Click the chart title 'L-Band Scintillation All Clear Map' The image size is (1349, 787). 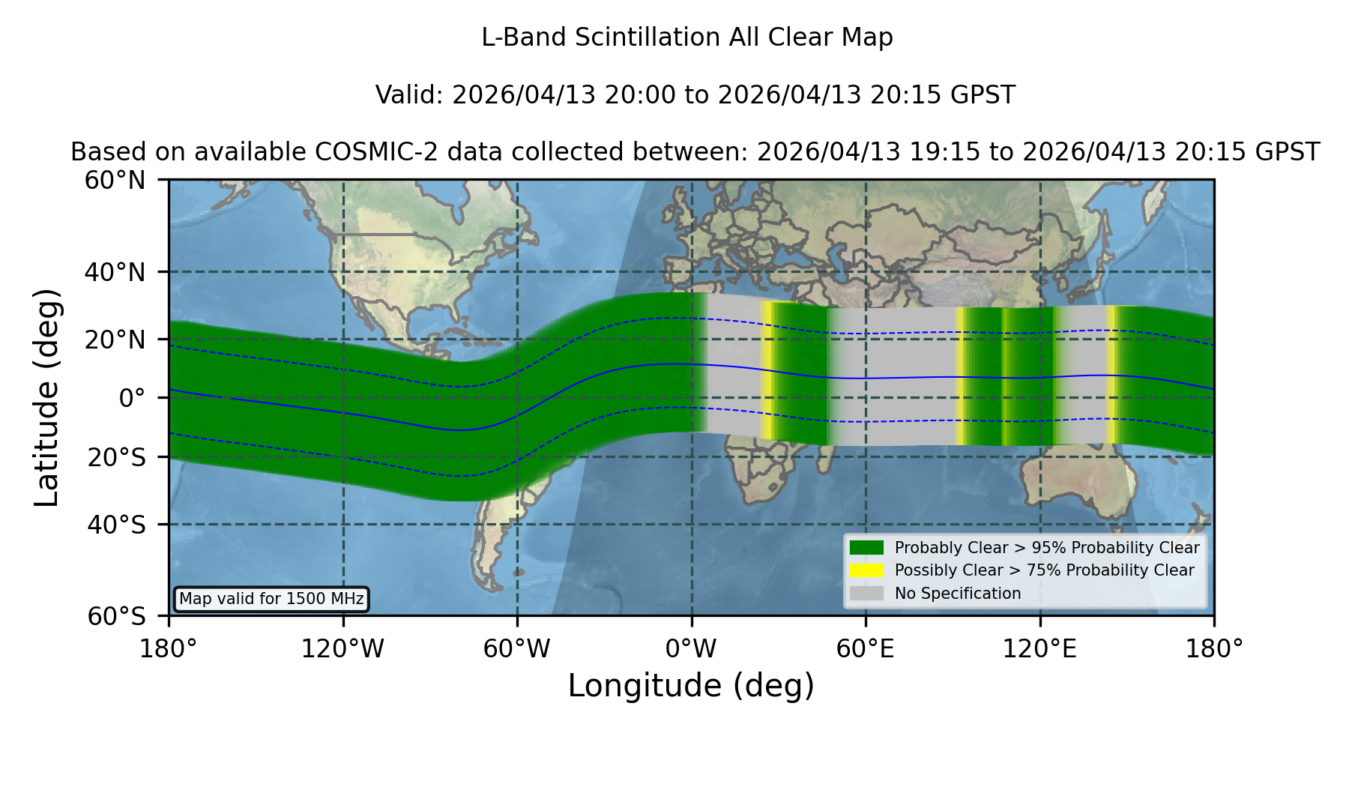(x=686, y=37)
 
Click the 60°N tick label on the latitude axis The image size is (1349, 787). (x=115, y=180)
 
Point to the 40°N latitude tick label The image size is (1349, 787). (x=115, y=272)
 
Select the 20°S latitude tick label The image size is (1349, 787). (x=116, y=457)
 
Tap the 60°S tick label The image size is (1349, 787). (x=116, y=616)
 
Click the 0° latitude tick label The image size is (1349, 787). (x=132, y=398)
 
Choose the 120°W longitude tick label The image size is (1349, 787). (x=342, y=648)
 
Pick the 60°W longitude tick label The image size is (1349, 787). (x=517, y=648)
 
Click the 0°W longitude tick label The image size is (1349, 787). (x=691, y=648)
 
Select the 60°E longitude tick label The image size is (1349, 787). (x=866, y=648)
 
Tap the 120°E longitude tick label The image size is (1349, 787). (x=1039, y=648)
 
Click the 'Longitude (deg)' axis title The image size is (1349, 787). (x=691, y=686)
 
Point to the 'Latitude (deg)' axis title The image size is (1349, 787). (x=46, y=397)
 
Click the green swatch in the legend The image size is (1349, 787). (x=867, y=548)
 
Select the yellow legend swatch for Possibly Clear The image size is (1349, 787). (x=867, y=570)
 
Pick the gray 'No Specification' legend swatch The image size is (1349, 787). (x=867, y=594)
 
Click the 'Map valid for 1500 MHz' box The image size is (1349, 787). (x=271, y=599)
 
